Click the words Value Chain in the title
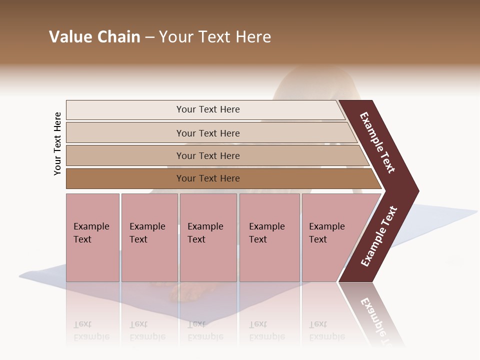[94, 37]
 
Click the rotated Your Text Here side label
[57, 143]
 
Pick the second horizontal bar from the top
[208, 133]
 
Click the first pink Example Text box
[92, 237]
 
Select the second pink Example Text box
[149, 237]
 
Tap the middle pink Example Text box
[208, 237]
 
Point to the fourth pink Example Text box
[269, 237]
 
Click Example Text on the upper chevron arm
[378, 142]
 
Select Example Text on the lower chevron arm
[379, 236]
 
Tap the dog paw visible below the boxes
[183, 292]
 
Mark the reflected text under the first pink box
[91, 330]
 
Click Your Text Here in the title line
[215, 37]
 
